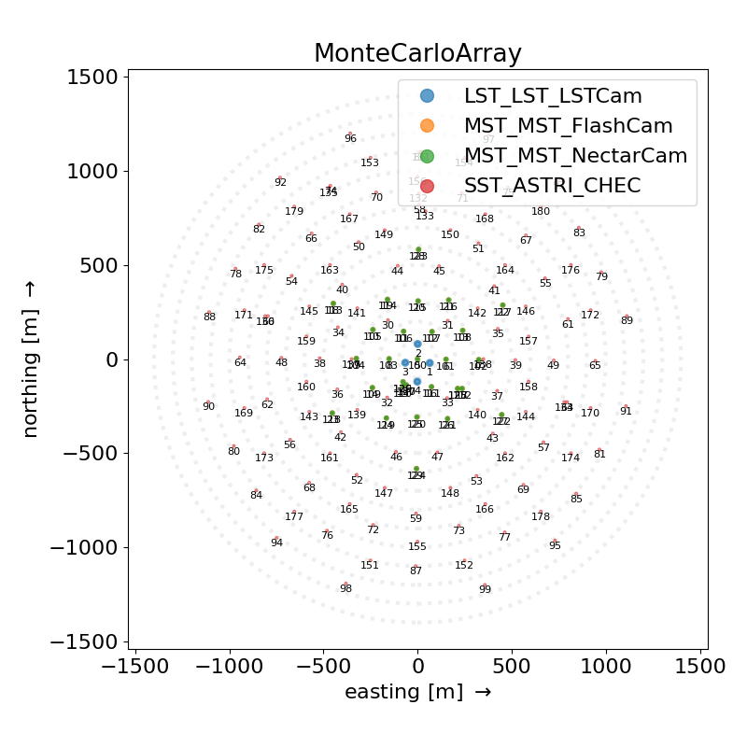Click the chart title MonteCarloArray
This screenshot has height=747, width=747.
point(417,53)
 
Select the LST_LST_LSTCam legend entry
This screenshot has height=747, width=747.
point(553,95)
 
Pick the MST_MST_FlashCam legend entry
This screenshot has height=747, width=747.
point(568,125)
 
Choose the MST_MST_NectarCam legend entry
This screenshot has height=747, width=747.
point(575,155)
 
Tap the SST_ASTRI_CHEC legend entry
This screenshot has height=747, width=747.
point(552,185)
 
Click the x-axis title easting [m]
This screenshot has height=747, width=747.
point(417,692)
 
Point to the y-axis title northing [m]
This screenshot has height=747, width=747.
point(32,359)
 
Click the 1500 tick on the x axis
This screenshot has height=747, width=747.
point(700,667)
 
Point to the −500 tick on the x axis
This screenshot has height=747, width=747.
point(323,667)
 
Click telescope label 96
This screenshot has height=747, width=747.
point(350,138)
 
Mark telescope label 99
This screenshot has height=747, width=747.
point(485,589)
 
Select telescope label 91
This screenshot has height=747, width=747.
point(626,411)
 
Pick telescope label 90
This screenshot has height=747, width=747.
point(208,406)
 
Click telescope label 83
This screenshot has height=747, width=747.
point(579,233)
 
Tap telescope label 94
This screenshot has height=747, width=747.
point(276,543)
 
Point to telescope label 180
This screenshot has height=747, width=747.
point(541,211)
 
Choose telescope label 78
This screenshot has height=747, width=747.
point(235,274)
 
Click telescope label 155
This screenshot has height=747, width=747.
point(417,546)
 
